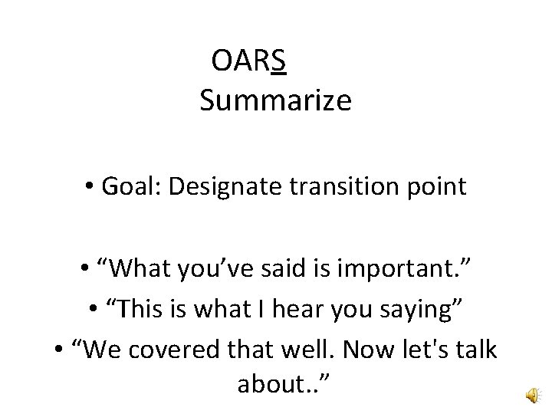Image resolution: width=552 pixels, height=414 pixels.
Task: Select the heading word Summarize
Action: (275, 100)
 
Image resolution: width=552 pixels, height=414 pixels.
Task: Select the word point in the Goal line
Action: (438, 186)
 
